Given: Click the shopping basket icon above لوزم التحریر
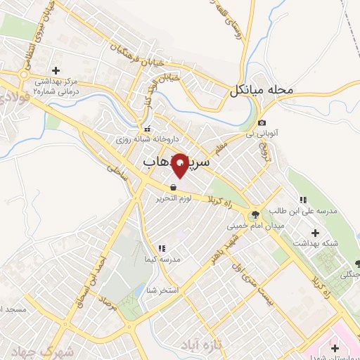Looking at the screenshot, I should point(173,188).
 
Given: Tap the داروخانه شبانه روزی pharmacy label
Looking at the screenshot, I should point(148,139).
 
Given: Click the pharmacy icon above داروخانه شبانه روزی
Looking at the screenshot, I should point(148,129).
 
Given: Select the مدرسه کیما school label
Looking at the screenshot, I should point(163,260).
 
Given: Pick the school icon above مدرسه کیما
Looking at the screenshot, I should point(163,249).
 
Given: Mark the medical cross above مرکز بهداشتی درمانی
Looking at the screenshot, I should point(56,70).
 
